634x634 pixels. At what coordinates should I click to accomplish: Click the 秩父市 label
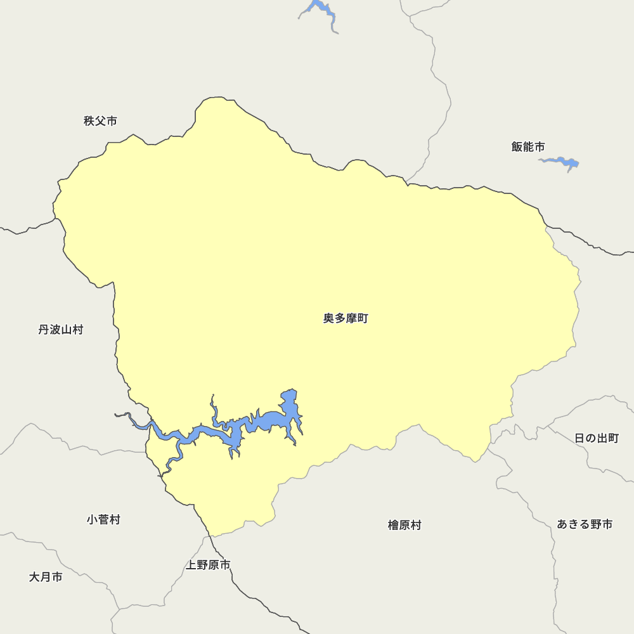pos(100,120)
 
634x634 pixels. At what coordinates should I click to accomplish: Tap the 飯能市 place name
pos(528,146)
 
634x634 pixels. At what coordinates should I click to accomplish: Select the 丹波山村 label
pos(61,330)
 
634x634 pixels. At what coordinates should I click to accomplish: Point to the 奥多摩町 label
pos(346,318)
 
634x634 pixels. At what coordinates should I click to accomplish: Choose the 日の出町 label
pos(597,438)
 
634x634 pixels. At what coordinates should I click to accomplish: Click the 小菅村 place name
pos(103,520)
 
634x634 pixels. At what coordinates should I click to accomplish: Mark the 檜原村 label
pos(404,525)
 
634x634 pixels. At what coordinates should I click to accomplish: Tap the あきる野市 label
pos(585,524)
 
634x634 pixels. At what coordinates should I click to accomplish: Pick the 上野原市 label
pos(208,564)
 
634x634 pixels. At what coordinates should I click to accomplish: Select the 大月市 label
pos(46,577)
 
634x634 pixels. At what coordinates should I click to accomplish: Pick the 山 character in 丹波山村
pos(67,330)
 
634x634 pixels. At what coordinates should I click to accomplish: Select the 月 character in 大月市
pos(46,577)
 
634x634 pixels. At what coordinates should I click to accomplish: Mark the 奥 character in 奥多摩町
pos(329,318)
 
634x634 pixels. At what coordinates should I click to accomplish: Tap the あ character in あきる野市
pos(562,524)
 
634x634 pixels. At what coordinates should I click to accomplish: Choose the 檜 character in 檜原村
pos(393,525)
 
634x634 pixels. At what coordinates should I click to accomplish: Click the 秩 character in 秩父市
pos(89,120)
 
